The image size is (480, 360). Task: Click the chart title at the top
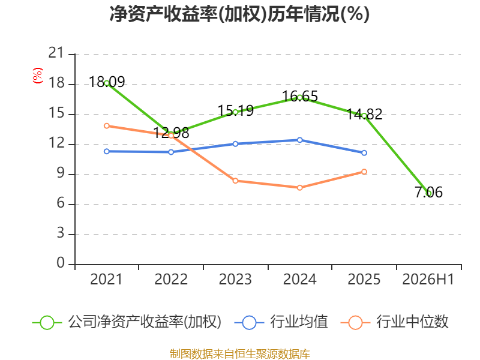click(x=239, y=14)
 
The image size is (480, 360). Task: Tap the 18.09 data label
click(x=107, y=82)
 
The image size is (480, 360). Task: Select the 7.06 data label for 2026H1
click(x=428, y=192)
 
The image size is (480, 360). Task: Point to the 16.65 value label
click(x=300, y=97)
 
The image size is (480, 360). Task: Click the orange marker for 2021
click(x=107, y=126)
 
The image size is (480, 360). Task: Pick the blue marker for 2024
click(x=299, y=140)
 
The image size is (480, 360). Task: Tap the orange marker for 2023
click(x=235, y=181)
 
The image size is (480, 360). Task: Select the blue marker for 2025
click(x=364, y=153)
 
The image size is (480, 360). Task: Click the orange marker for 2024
click(x=299, y=188)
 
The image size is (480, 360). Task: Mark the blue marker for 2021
click(x=107, y=152)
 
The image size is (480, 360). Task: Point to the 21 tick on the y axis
click(x=56, y=53)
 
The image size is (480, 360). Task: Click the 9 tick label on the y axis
click(x=61, y=173)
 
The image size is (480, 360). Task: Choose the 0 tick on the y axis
click(x=61, y=263)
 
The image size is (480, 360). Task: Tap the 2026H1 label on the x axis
click(x=428, y=280)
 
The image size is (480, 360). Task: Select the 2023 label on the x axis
click(x=235, y=280)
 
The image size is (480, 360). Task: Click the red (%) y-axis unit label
click(x=37, y=76)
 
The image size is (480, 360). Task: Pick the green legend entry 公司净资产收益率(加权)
click(x=127, y=322)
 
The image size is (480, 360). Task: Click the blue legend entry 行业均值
click(x=281, y=322)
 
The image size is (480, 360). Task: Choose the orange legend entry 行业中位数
click(x=394, y=322)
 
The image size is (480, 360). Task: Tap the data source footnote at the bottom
click(x=240, y=354)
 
